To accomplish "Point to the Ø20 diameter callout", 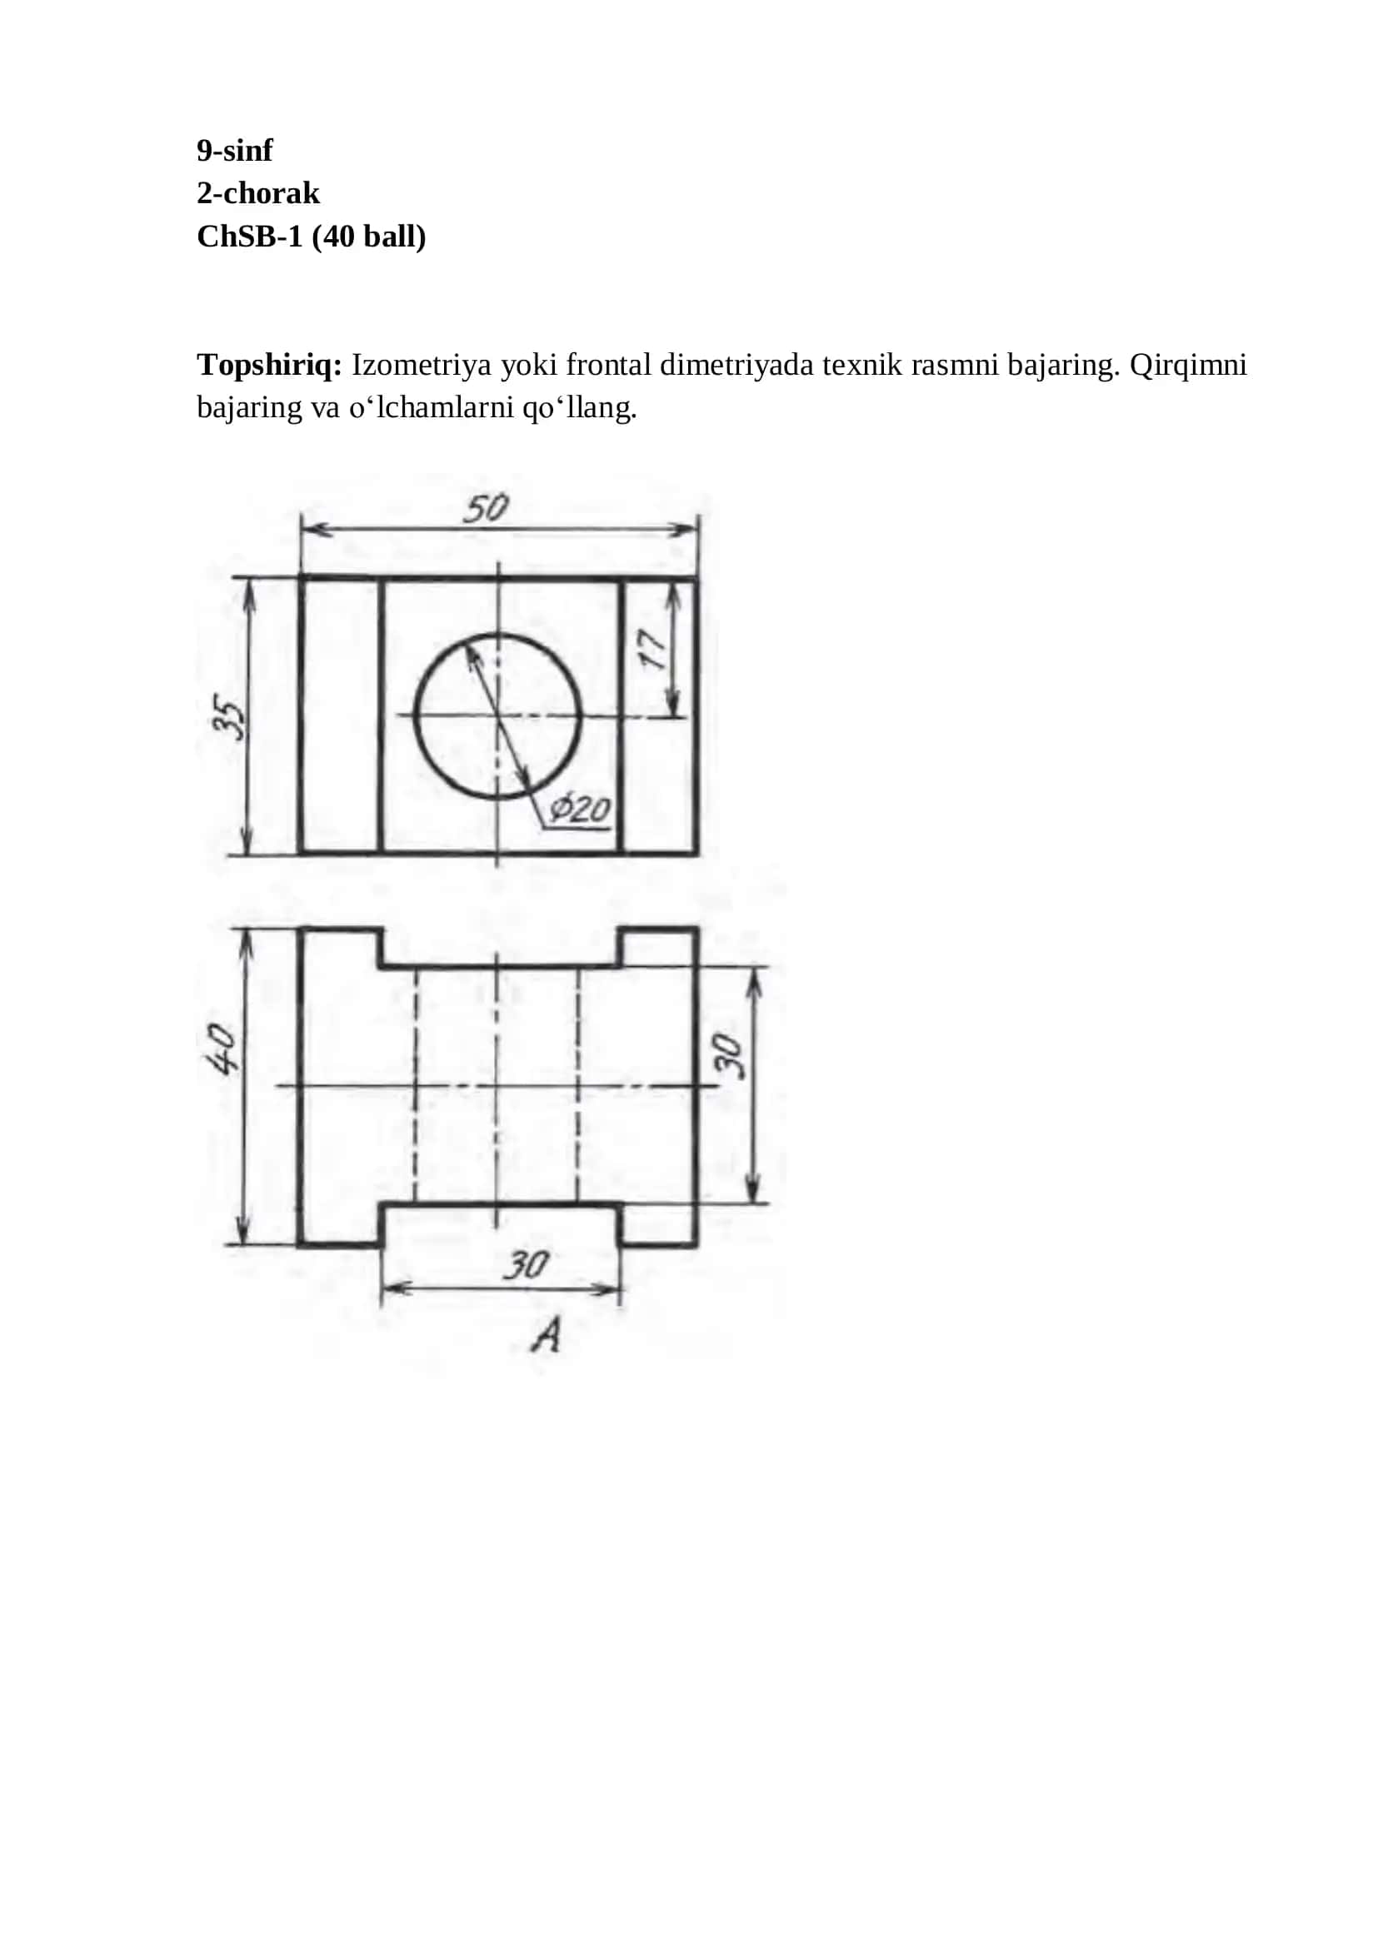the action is tap(580, 809).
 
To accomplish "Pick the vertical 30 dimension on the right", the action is tap(728, 1055).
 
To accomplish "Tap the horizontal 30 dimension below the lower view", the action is tap(526, 1265).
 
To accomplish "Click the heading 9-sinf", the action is tap(235, 150).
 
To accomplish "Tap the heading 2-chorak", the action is tap(258, 192).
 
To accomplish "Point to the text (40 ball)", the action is tap(369, 236).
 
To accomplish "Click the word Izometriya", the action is tap(422, 366).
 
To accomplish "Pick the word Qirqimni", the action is tap(1189, 366).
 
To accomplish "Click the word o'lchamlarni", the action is tap(432, 408).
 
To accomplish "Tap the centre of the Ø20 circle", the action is tap(498, 716).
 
